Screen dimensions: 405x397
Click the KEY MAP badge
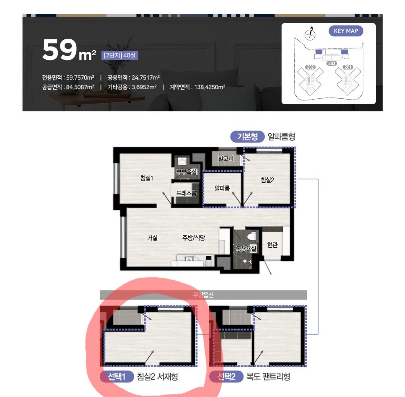point(346,31)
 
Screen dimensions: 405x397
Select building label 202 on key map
point(310,67)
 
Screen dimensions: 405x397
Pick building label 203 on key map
point(331,63)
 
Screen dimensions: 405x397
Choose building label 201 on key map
point(348,67)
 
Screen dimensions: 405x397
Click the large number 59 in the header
point(60,50)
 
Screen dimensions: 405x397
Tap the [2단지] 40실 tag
point(119,55)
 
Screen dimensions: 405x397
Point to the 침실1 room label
point(147,178)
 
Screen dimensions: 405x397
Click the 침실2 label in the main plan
point(267,180)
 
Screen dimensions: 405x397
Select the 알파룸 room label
point(222,188)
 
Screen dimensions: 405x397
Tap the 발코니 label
point(226,159)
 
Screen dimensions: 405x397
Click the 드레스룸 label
point(186,193)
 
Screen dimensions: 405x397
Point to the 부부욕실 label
point(186,171)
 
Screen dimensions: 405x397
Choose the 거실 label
point(152,238)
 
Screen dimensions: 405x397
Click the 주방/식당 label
point(194,238)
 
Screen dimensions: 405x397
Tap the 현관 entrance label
point(273,245)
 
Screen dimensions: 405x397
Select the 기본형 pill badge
point(247,137)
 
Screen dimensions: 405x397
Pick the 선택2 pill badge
point(226,377)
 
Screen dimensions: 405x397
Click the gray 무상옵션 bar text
point(203,295)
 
